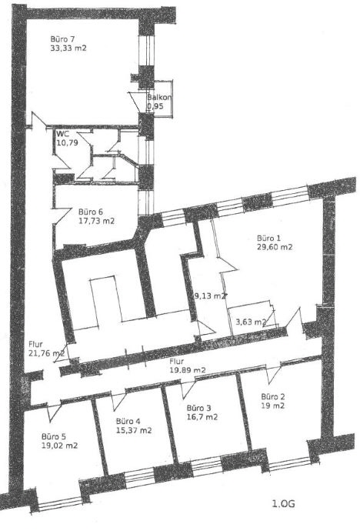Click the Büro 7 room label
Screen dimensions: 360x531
pyautogui.click(x=62, y=38)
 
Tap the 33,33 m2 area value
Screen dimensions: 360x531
pyautogui.click(x=68, y=48)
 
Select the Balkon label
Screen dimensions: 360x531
pyautogui.click(x=159, y=98)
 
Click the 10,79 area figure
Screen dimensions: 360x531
pyautogui.click(x=68, y=142)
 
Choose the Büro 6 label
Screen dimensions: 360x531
pyautogui.click(x=91, y=212)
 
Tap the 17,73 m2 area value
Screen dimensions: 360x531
pyautogui.click(x=96, y=221)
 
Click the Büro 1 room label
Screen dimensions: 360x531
pyautogui.click(x=268, y=238)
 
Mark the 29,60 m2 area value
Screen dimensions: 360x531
pyautogui.click(x=275, y=247)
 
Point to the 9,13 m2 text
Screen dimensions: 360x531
pyautogui.click(x=208, y=296)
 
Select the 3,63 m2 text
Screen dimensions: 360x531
pyautogui.click(x=251, y=322)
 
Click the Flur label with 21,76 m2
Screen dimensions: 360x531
pyautogui.click(x=35, y=345)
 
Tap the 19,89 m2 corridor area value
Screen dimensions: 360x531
pyautogui.click(x=188, y=370)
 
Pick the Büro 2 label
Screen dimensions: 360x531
pyautogui.click(x=273, y=396)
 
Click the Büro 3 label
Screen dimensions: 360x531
pyautogui.click(x=198, y=408)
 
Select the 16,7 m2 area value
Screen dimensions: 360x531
pyautogui.click(x=202, y=417)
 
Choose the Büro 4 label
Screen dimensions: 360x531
pyautogui.click(x=128, y=421)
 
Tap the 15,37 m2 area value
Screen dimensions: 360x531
pyautogui.click(x=134, y=430)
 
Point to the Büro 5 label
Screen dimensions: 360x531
pyautogui.click(x=54, y=436)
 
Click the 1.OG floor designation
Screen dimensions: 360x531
pyautogui.click(x=284, y=504)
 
